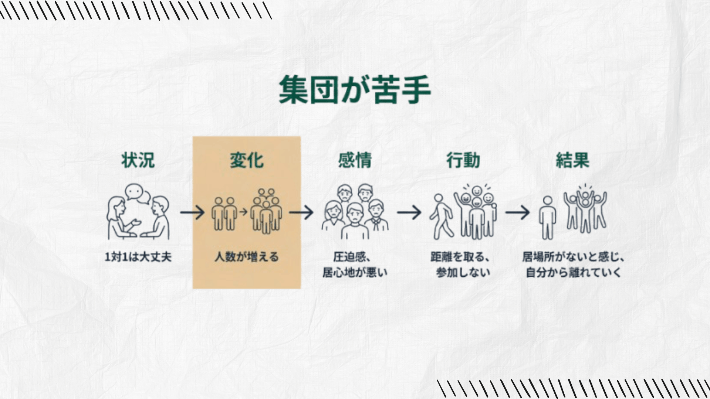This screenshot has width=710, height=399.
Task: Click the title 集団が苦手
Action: tap(355, 90)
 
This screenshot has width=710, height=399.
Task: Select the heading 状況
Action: tap(138, 160)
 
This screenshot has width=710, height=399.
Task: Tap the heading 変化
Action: tap(247, 160)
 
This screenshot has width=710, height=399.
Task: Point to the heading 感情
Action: tap(355, 160)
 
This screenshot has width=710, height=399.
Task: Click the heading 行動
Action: tap(463, 160)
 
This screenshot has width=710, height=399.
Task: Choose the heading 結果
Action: tap(572, 160)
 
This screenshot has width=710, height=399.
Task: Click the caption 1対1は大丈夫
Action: tap(138, 257)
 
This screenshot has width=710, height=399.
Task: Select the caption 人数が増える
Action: tap(247, 257)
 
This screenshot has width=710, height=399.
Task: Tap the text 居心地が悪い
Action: tap(355, 273)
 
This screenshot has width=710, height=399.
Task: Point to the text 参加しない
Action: tap(463, 273)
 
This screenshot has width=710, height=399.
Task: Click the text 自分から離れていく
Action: tap(573, 273)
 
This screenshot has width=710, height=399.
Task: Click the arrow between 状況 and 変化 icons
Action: tap(192, 212)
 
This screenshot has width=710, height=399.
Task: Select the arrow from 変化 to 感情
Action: tap(301, 212)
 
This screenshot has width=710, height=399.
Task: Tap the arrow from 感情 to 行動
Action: tap(409, 212)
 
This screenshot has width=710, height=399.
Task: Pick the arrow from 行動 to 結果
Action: tap(517, 212)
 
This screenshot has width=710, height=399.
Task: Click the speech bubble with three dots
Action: tap(133, 192)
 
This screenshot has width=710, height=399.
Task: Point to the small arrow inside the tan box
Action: tap(243, 212)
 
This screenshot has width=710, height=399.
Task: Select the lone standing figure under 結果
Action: tap(547, 218)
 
